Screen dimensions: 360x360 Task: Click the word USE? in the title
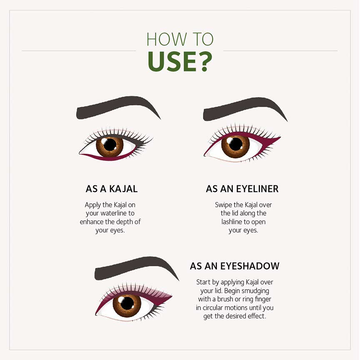180,62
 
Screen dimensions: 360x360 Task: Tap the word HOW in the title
167,40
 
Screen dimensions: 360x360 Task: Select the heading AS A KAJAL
112,189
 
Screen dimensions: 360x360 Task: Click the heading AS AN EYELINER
242,189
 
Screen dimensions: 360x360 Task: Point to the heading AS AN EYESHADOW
235,266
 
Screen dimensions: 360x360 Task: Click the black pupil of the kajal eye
110,145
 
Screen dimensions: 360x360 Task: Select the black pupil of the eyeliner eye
235,144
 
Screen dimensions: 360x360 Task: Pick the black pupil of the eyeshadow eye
127,303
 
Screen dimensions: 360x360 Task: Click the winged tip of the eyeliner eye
280,137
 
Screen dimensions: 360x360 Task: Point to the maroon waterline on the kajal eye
108,157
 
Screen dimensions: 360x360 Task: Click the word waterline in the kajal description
114,213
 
